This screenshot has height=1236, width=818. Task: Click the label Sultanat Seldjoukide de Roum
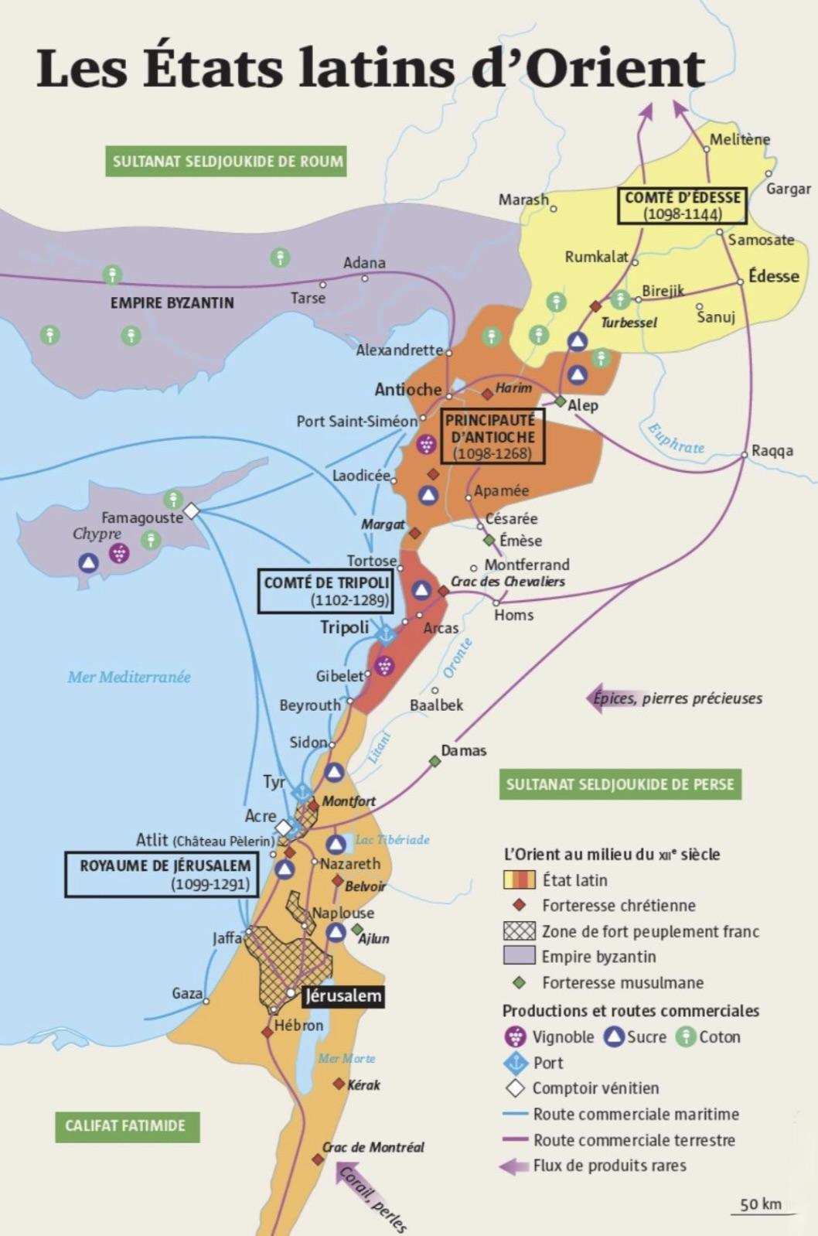pos(226,162)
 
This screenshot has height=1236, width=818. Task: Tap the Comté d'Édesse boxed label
pos(682,205)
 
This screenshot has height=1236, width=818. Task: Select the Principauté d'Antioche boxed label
pos(493,436)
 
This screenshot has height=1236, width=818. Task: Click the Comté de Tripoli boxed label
pos(325,591)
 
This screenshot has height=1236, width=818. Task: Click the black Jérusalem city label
pos(343,995)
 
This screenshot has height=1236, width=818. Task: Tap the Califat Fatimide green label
pos(126,1126)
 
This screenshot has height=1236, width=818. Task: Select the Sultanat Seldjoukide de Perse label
pos(619,784)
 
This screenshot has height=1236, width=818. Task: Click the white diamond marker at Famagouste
pos(191,510)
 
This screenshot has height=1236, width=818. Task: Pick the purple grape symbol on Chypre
pos(118,552)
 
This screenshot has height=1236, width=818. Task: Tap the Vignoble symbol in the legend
pos(515,1036)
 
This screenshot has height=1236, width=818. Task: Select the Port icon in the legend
pos(515,1062)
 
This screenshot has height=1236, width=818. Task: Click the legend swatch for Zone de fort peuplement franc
pos(519,931)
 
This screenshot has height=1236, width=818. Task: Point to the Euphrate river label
pos(677,439)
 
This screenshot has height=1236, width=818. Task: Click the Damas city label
pos(463,750)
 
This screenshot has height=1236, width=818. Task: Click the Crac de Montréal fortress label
pos(373,1147)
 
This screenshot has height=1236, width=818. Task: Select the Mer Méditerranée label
pos(129,677)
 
